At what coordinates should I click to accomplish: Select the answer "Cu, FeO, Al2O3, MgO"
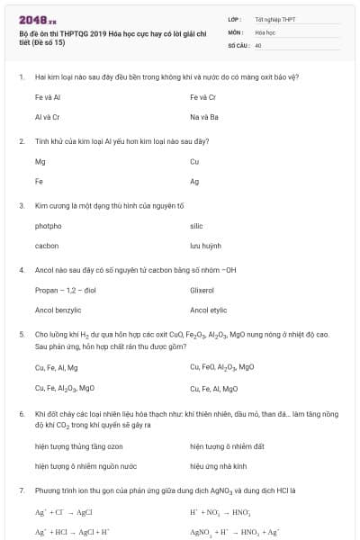221,367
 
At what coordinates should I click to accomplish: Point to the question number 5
21,334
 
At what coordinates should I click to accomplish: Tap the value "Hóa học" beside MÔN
265,31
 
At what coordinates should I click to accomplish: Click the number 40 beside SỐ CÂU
258,44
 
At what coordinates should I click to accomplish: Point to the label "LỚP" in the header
235,19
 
